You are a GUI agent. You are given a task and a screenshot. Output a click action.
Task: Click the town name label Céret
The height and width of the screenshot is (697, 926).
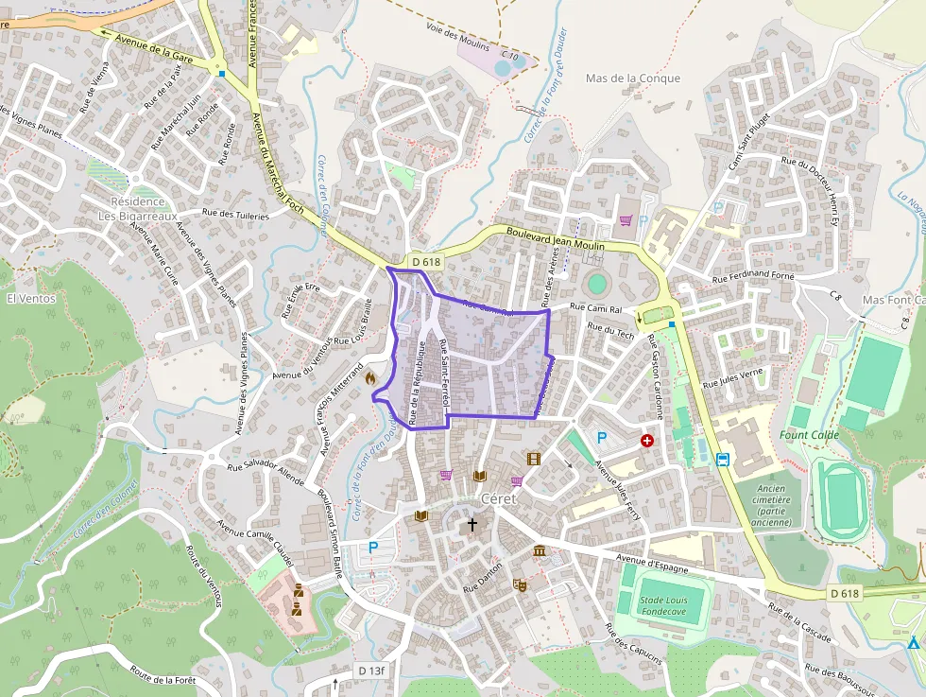pyautogui.click(x=500, y=498)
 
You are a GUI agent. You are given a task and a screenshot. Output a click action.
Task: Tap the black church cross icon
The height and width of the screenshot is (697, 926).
pyautogui.click(x=472, y=524)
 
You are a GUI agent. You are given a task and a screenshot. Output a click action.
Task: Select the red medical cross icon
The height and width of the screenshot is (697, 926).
pyautogui.click(x=647, y=441)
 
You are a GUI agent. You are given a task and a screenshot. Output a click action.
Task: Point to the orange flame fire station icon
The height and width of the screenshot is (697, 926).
pyautogui.click(x=370, y=376)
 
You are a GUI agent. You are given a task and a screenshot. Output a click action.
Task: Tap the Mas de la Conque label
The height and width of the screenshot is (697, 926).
pyautogui.click(x=632, y=78)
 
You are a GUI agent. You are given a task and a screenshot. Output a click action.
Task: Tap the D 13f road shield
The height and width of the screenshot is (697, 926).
pyautogui.click(x=371, y=671)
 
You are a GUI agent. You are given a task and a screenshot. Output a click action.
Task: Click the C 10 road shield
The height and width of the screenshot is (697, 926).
pyautogui.click(x=509, y=57)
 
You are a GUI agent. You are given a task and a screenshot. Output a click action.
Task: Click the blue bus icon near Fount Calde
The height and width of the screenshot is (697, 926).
pyautogui.click(x=723, y=461)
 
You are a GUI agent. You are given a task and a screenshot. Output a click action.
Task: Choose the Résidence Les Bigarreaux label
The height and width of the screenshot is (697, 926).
pyautogui.click(x=138, y=209)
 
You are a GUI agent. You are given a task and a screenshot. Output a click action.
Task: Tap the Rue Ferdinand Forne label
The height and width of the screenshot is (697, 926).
pyautogui.click(x=753, y=277)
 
